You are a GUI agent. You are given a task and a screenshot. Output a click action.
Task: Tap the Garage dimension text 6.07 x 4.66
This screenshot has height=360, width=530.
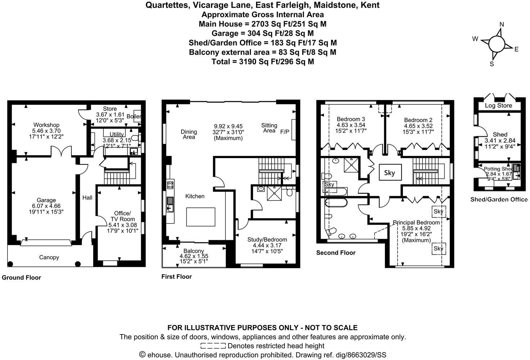tap(46, 206)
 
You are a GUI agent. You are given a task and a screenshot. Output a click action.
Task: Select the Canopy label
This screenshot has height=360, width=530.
tap(49, 257)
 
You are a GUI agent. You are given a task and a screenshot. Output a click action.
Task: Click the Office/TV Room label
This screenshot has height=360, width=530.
tap(122, 216)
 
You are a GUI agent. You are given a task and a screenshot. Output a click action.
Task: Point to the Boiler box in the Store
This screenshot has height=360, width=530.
tap(136, 116)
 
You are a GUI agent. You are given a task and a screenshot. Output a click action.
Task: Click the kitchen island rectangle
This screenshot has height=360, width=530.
tap(201, 217)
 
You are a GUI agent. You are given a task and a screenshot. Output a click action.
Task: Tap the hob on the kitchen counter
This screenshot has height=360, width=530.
tap(170, 185)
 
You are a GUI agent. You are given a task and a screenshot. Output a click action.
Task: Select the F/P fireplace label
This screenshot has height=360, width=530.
tap(285, 132)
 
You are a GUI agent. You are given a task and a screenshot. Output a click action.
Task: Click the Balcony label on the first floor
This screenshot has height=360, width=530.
tap(194, 251)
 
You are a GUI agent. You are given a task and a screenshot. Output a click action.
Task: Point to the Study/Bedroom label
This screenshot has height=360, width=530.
tap(267, 239)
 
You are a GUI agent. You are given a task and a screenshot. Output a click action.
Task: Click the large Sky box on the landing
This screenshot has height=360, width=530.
tap(389, 173)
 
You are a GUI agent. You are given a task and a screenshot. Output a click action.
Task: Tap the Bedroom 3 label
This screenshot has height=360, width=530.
tap(351, 120)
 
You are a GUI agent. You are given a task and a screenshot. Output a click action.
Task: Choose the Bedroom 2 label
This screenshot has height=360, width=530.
tap(418, 120)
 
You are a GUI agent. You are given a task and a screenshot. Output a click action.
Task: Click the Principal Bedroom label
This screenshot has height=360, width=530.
tap(416, 222)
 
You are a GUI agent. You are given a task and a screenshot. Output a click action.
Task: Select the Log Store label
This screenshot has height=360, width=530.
tap(498, 105)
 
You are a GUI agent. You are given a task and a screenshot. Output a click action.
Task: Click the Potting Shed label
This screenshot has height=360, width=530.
tap(498, 169)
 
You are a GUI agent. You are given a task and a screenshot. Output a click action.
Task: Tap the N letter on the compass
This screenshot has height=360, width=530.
tap(502, 24)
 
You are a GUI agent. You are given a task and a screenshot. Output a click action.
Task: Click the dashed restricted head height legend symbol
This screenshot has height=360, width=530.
tap(213, 346)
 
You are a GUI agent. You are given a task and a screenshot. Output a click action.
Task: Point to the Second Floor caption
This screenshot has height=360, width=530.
tap(336, 253)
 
